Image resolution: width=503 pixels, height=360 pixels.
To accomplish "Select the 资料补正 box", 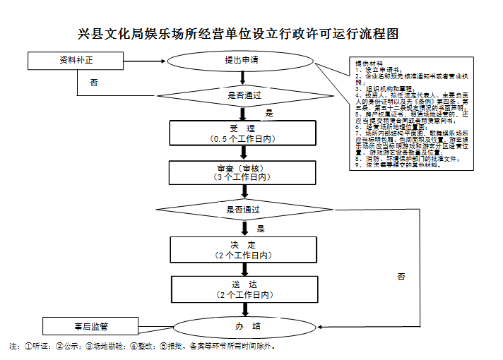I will tap(77, 60).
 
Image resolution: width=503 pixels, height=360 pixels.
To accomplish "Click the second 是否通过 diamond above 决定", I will tap(244, 210).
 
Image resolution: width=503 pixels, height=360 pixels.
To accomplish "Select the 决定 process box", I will tap(244, 248).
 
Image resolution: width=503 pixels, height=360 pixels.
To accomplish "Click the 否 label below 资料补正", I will tap(94, 83).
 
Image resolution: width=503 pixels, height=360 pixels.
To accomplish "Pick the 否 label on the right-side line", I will tap(401, 276).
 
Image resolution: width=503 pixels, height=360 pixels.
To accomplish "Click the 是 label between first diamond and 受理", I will tap(269, 113).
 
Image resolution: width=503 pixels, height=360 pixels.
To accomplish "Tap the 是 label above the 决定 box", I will tap(260, 228).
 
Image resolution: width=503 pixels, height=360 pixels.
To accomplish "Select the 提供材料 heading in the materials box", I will tap(367, 64).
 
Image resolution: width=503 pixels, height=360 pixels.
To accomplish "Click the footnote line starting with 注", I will tap(141, 347).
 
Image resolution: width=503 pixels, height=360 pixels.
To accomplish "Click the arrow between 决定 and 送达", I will tap(244, 269).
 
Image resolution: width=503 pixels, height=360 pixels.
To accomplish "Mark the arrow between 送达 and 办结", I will tap(244, 309).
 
